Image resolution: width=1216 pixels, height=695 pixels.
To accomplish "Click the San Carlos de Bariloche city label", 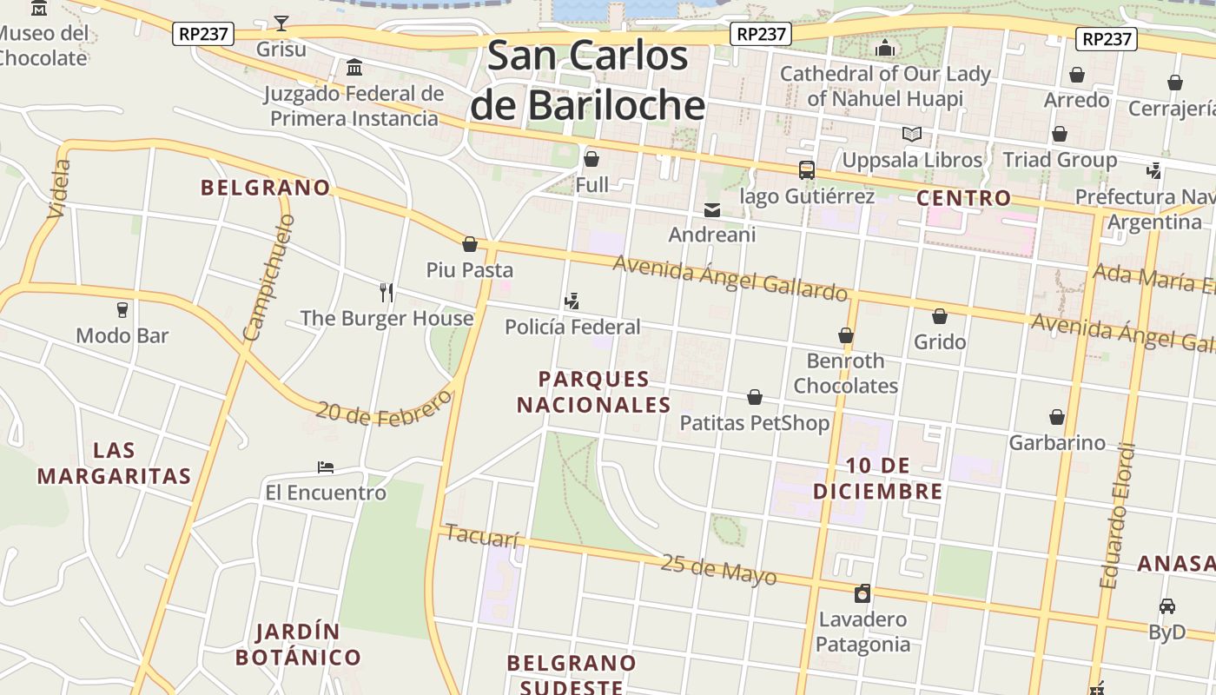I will tap(587, 80).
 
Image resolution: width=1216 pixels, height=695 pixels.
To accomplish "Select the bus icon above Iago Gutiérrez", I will tap(807, 170).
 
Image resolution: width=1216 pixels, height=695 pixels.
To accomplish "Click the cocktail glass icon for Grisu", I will tap(281, 23).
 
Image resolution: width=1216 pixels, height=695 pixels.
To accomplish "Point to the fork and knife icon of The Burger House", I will tap(387, 292).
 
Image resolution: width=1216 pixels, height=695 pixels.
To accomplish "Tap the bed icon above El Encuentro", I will tap(326, 467).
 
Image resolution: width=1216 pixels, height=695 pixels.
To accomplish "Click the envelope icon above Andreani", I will tap(712, 210).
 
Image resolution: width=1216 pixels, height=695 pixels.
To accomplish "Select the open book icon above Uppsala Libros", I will tap(911, 135).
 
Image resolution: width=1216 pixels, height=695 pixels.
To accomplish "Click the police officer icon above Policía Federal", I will tap(572, 301).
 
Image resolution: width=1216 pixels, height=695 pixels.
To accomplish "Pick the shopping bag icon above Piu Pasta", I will tap(470, 244).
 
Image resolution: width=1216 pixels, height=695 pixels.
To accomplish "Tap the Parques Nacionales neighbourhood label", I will tap(594, 392).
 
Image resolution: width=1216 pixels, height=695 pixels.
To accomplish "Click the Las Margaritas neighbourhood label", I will tap(114, 463).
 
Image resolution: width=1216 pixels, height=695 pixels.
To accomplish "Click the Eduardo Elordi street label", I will tap(1117, 516).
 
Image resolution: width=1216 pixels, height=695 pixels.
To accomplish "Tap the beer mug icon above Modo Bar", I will tap(122, 310).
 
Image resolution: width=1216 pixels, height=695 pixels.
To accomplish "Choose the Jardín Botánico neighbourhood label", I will tap(298, 644).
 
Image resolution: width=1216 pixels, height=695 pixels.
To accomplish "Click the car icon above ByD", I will tap(1167, 606).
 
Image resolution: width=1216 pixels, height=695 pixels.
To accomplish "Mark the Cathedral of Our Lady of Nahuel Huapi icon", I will tap(885, 48).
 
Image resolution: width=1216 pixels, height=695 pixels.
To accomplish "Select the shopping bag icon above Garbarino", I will tap(1057, 417).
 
